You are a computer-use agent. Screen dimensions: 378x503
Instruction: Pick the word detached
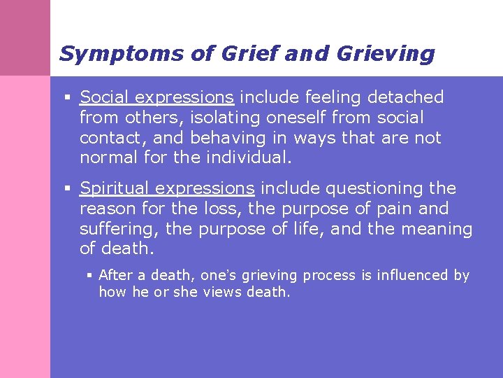tap(408, 97)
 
